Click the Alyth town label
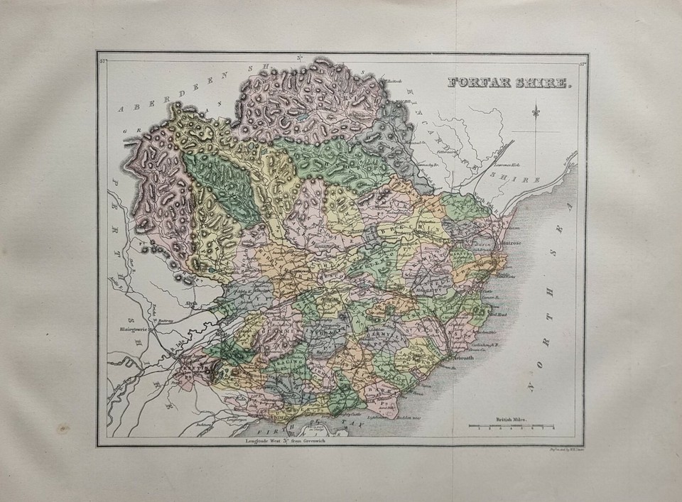coord(191,302)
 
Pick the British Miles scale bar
coord(511,427)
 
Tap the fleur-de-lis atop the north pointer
coord(542,111)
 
